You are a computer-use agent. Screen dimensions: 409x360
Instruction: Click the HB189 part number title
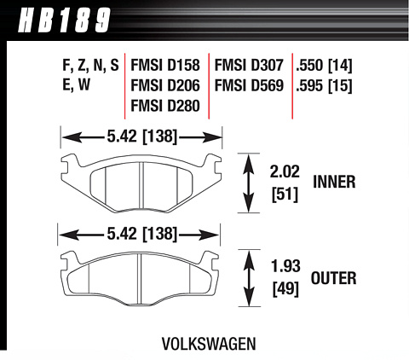click(64, 20)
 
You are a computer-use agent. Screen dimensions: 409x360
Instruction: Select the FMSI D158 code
click(165, 65)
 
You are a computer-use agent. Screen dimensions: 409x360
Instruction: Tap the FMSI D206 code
click(165, 85)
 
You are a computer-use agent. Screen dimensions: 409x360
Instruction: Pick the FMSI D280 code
click(165, 106)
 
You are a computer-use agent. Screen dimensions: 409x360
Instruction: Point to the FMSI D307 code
click(249, 65)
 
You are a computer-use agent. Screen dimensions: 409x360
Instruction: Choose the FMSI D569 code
click(249, 85)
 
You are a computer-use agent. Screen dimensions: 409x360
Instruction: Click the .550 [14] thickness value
click(324, 66)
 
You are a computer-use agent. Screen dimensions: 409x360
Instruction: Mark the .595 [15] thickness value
click(324, 86)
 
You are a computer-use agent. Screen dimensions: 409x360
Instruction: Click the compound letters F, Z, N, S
click(90, 66)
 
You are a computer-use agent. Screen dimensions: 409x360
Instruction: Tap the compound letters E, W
click(76, 85)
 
